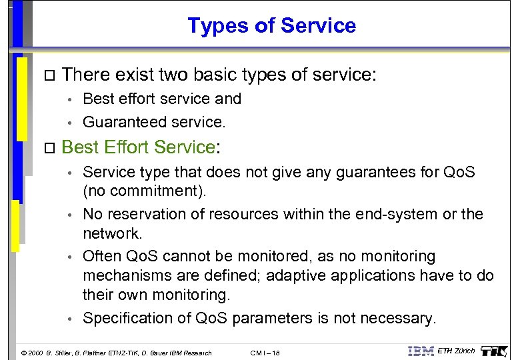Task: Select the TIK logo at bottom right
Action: [x=495, y=350]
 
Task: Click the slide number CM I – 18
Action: [x=265, y=353]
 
